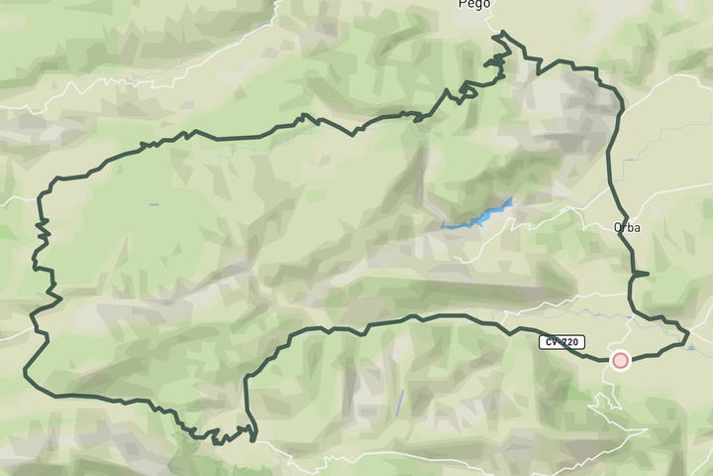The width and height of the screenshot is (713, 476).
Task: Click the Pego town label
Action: pos(474,4)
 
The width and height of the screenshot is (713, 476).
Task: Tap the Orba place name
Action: pos(627,227)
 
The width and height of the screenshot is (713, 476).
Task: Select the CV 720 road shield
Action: pos(560,342)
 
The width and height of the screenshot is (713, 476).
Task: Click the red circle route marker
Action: pos(620,361)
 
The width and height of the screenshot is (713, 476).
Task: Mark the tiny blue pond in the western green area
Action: pos(153,204)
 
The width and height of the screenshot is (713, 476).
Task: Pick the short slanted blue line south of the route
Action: pos(400,402)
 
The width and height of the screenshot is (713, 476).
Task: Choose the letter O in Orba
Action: pos(617,227)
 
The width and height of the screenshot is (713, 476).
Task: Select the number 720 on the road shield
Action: pos(568,342)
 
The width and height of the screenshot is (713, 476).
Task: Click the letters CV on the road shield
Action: pos(551,342)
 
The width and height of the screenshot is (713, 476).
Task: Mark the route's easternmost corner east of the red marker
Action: pos(687,337)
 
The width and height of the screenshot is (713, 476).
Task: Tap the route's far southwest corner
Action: pos(25,375)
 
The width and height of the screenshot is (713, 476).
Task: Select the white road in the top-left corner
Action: pos(59,94)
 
